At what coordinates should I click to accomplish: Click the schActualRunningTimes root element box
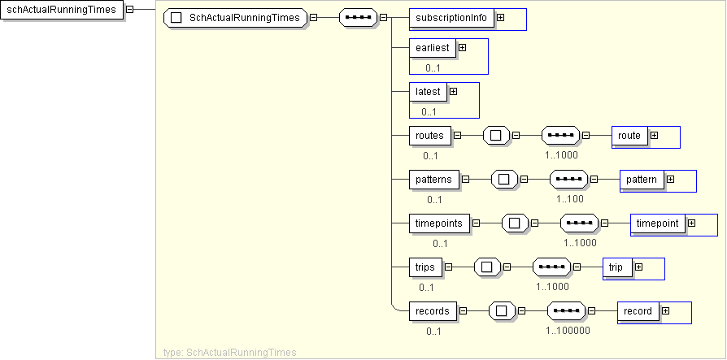(61, 10)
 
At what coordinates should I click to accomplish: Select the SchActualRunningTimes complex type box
(236, 17)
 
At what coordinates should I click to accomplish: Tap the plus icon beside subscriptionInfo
(501, 17)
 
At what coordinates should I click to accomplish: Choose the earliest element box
(433, 48)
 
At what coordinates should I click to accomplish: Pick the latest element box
(428, 92)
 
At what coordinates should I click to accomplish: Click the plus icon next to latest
(453, 92)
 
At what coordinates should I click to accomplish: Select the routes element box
(430, 136)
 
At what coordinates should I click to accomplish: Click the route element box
(629, 136)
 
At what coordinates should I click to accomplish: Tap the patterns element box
(434, 180)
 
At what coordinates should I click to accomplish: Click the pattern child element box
(641, 180)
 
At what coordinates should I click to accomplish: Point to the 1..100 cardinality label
(571, 198)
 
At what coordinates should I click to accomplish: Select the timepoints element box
(440, 223)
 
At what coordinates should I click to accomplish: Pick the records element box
(433, 311)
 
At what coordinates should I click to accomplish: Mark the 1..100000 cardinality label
(568, 330)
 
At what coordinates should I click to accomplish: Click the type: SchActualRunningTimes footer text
(230, 353)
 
